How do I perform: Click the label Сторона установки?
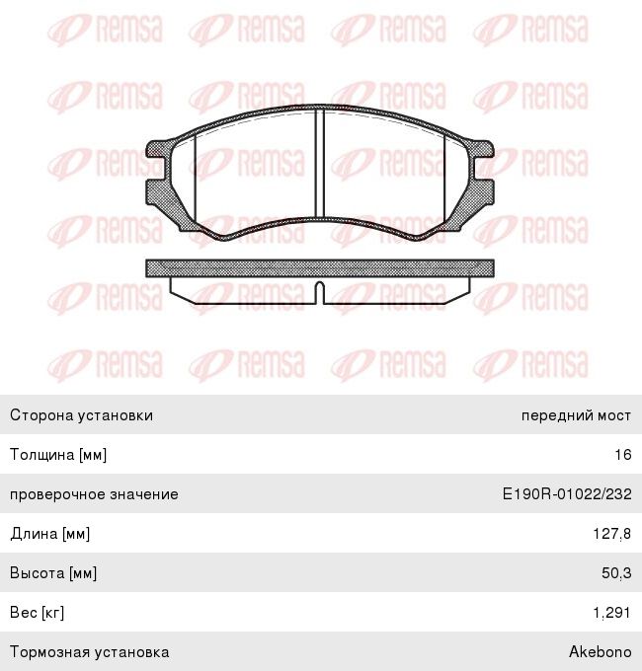pyautogui.click(x=81, y=415)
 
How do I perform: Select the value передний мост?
pyautogui.click(x=576, y=415)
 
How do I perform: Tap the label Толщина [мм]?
pyautogui.click(x=58, y=455)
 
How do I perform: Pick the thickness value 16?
pyautogui.click(x=622, y=455)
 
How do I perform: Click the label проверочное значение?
pyautogui.click(x=94, y=494)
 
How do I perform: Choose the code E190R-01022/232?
pyautogui.click(x=567, y=494)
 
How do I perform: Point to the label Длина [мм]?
pyautogui.click(x=50, y=534)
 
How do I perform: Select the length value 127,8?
pyautogui.click(x=612, y=534)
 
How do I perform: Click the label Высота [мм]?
pyautogui.click(x=53, y=573)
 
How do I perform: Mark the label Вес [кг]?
pyautogui.click(x=38, y=613)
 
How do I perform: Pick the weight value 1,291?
pyautogui.click(x=612, y=613)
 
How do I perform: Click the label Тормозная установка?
pyautogui.click(x=89, y=652)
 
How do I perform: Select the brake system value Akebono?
pyautogui.click(x=600, y=652)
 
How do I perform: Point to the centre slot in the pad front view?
pyautogui.click(x=319, y=163)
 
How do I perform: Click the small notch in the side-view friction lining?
pyautogui.click(x=319, y=290)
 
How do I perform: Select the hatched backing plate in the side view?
pyautogui.click(x=319, y=268)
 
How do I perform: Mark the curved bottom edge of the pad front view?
pyautogui.click(x=319, y=221)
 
